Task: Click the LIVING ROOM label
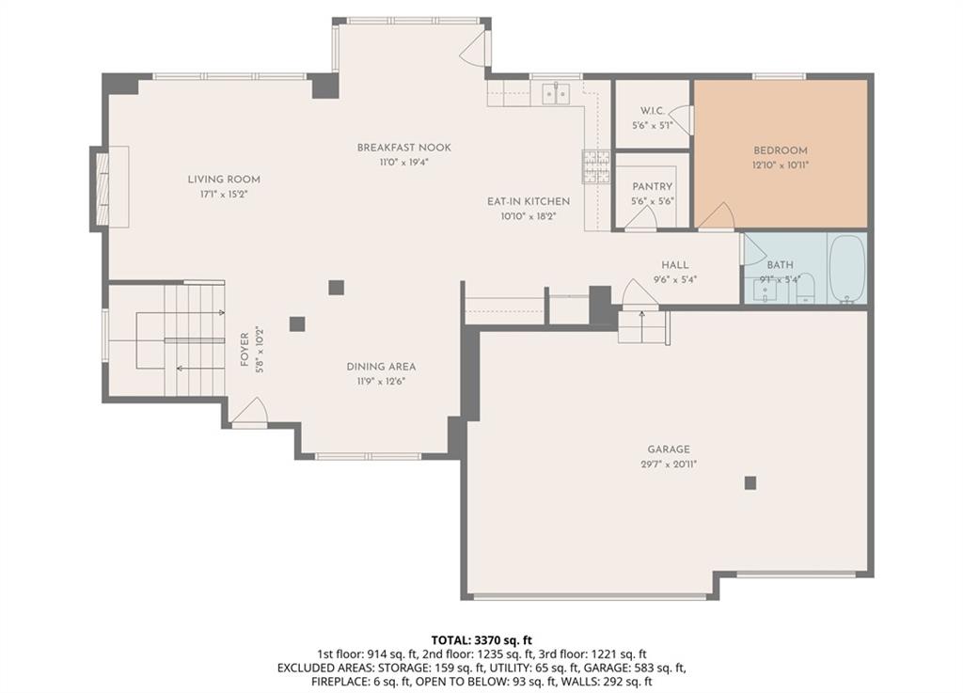[224, 180]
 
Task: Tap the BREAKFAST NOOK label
[404, 148]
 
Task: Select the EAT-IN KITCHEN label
[529, 201]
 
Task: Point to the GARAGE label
[669, 449]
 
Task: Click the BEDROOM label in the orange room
[780, 150]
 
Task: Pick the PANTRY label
[653, 186]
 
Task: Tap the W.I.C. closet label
[653, 111]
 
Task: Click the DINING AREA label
[381, 367]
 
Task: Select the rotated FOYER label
[245, 350]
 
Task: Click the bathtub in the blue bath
[847, 269]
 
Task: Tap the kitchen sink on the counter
[555, 93]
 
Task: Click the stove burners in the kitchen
[595, 167]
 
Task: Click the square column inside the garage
[750, 483]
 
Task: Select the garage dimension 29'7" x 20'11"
[669, 465]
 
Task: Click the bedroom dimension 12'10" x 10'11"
[780, 165]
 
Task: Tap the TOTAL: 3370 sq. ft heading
[481, 641]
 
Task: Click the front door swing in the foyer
[250, 410]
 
